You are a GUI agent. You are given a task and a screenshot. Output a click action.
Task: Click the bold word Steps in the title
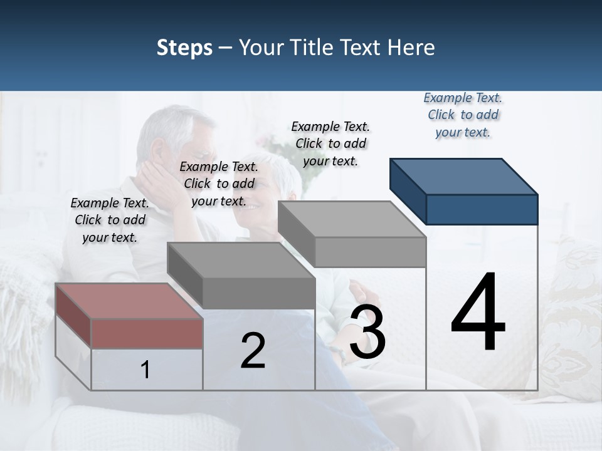click(184, 48)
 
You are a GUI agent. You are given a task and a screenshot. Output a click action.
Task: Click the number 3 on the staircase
click(367, 332)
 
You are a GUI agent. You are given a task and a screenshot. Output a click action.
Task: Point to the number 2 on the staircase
click(253, 351)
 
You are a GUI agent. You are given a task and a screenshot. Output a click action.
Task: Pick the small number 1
click(145, 370)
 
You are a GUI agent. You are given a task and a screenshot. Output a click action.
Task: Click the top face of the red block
click(129, 301)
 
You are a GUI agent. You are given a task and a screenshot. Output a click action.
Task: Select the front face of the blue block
click(482, 209)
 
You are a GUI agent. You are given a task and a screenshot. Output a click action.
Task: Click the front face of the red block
click(147, 333)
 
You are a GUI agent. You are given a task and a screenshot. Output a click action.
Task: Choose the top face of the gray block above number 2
click(241, 259)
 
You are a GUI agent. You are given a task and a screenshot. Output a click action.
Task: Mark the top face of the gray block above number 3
click(351, 219)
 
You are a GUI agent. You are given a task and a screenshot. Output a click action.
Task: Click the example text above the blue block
click(463, 115)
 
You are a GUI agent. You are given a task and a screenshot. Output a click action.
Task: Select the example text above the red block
click(110, 220)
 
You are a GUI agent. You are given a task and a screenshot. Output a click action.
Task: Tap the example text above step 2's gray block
click(219, 184)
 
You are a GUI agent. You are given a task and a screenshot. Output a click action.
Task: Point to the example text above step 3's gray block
click(330, 143)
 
